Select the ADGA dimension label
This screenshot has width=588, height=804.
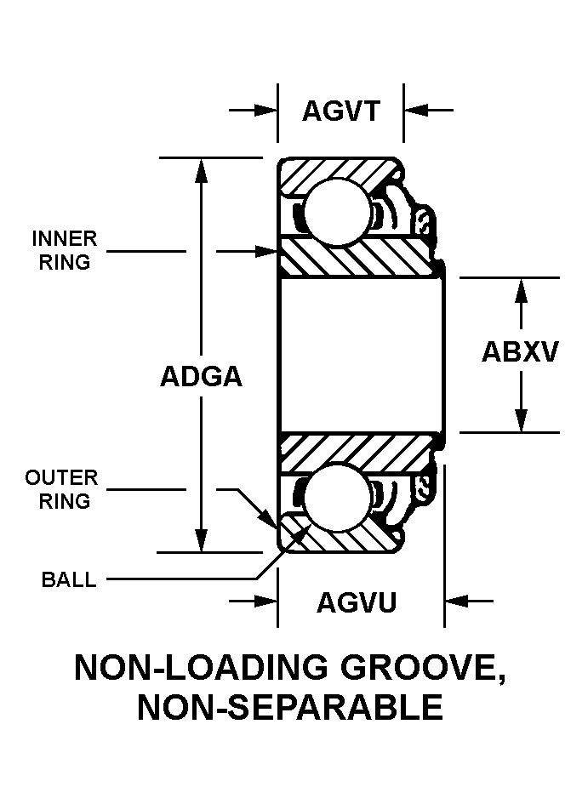point(201,376)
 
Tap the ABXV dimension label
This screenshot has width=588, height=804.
point(520,351)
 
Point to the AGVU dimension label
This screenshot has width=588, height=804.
point(357,602)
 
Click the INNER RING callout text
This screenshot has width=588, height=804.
point(65,250)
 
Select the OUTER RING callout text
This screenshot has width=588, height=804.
point(61,490)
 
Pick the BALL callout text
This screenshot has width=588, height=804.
point(68,581)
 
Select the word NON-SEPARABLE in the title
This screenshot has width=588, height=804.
point(290,708)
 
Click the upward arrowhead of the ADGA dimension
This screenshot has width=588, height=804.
point(201,170)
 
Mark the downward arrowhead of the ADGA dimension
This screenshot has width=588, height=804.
point(201,539)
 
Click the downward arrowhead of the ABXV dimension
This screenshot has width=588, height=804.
point(522,419)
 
